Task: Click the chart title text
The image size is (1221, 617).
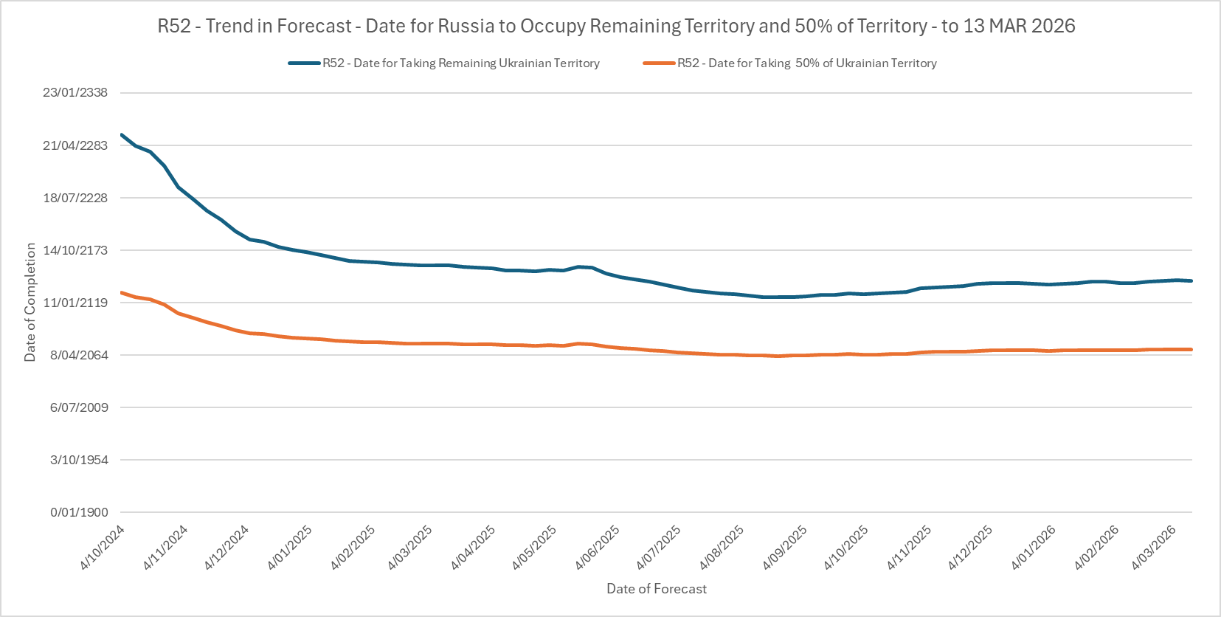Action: coord(616,26)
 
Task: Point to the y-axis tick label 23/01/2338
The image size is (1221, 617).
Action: coord(75,93)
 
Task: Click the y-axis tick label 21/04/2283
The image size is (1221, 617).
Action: coord(75,145)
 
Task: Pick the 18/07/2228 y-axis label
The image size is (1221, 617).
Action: coord(75,198)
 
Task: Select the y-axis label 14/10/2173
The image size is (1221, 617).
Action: coord(75,250)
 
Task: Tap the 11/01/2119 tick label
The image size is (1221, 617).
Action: coord(75,303)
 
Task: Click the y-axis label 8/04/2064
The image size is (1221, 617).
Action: coord(78,355)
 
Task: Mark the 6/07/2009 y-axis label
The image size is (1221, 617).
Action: coord(78,407)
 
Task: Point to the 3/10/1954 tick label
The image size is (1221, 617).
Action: coord(78,460)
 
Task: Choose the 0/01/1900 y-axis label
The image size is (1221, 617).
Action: coord(78,512)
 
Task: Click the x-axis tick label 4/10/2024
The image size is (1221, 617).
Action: coord(103,548)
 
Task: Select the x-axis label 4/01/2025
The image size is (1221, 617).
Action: coord(290,548)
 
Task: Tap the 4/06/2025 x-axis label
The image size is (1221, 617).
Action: coord(598,548)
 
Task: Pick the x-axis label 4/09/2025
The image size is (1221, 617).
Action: coord(785,548)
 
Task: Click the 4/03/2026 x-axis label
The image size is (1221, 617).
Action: coord(1154,548)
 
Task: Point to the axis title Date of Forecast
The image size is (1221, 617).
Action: coord(657,589)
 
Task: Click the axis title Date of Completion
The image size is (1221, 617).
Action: coord(30,303)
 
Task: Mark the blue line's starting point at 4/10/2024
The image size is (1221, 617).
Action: coord(122,135)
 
